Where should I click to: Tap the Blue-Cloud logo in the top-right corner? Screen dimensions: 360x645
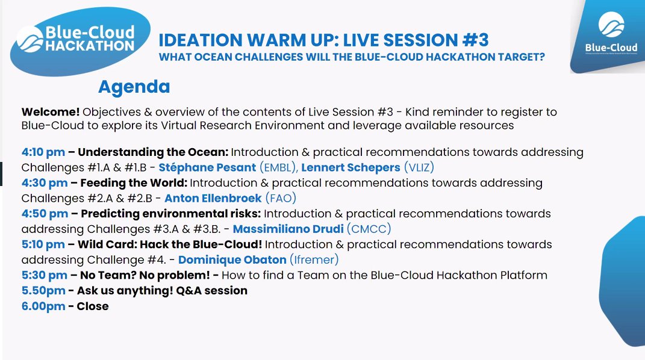pos(608,36)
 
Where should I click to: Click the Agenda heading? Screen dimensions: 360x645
pos(134,87)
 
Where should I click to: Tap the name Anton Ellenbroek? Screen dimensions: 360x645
pos(213,198)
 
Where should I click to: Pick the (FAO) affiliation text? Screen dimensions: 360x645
pos(281,198)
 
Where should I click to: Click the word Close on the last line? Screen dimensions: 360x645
pos(93,306)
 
